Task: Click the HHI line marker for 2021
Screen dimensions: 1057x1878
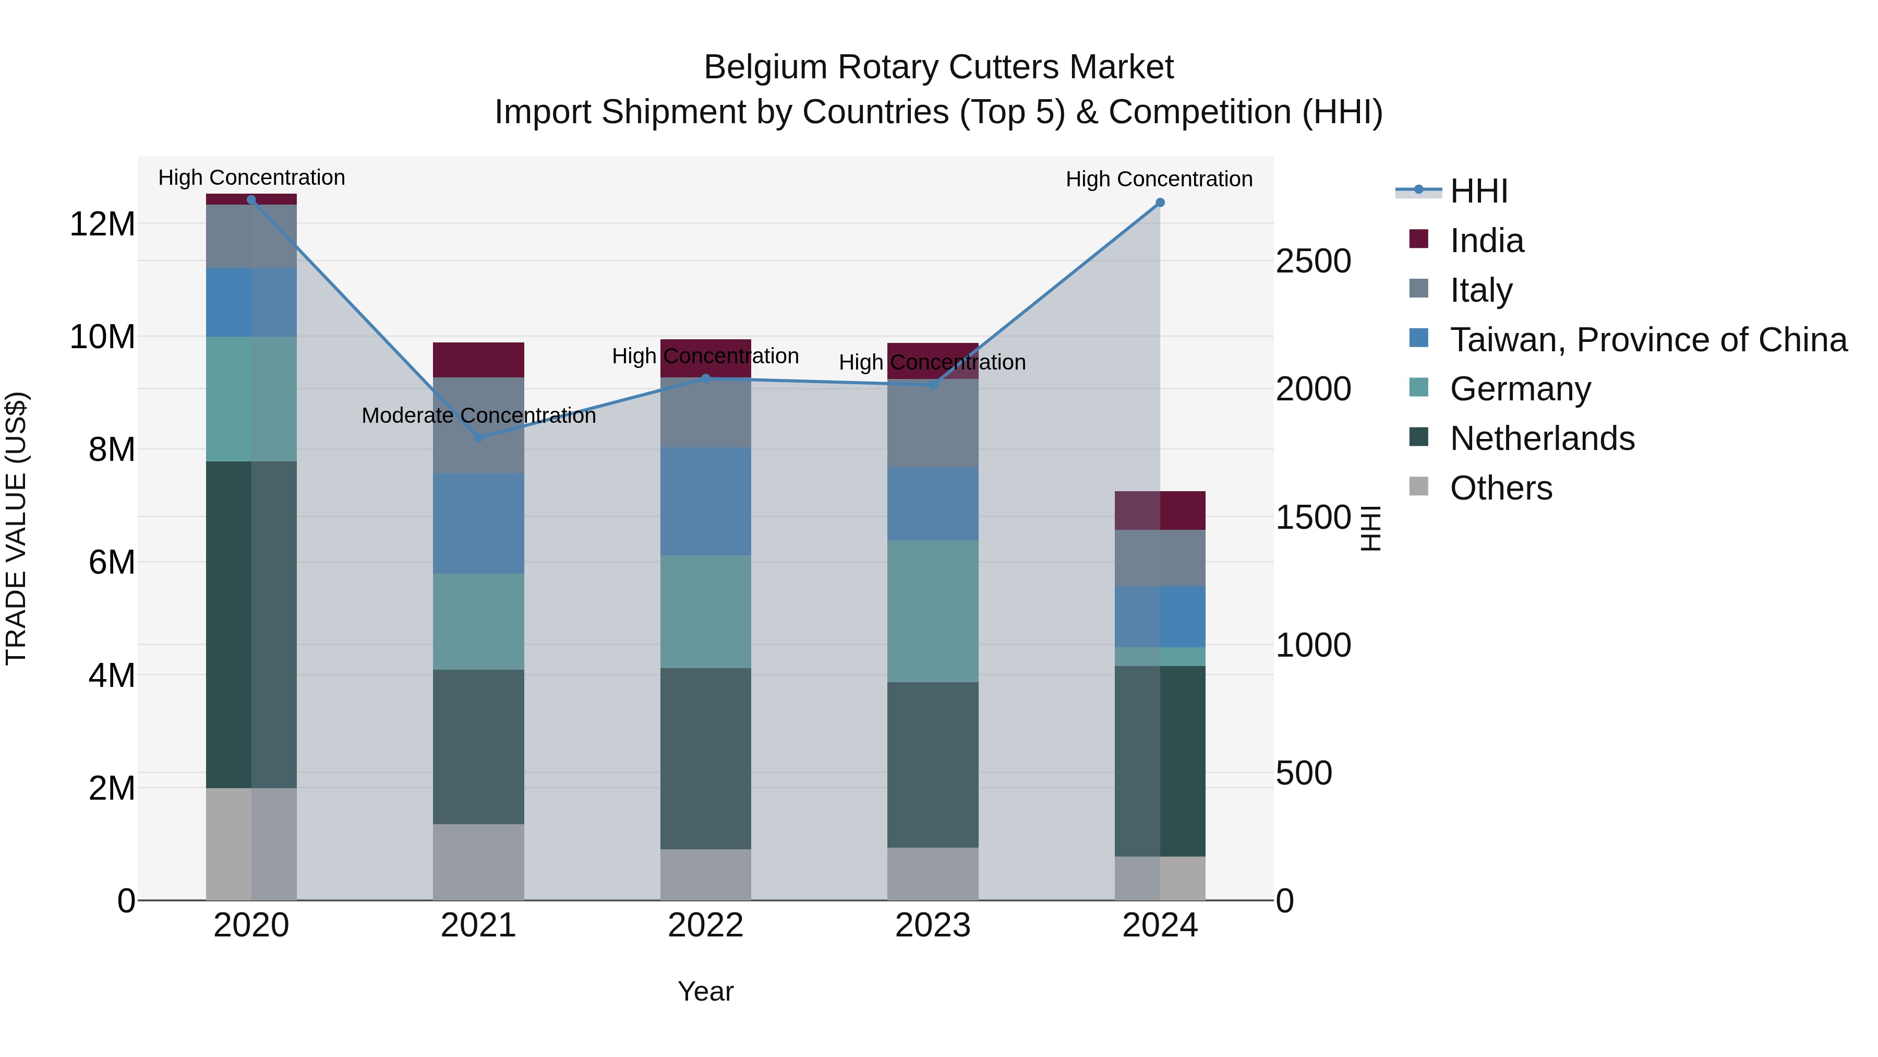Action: pyautogui.click(x=478, y=438)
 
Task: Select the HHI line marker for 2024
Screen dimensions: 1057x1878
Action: pyautogui.click(x=1160, y=203)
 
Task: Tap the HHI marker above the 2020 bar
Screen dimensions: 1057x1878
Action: pyautogui.click(x=251, y=200)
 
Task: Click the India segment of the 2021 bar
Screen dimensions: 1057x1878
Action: pyautogui.click(x=478, y=360)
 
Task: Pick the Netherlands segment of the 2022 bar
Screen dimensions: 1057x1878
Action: pyautogui.click(x=706, y=758)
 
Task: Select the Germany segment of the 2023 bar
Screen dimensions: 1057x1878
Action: pyautogui.click(x=932, y=611)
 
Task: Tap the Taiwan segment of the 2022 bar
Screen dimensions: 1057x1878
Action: pyautogui.click(x=706, y=502)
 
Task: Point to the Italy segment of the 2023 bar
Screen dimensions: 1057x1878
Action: pyautogui.click(x=932, y=423)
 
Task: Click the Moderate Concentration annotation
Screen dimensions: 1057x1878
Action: pyautogui.click(x=478, y=416)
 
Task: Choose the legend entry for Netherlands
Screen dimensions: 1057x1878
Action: pyautogui.click(x=1542, y=438)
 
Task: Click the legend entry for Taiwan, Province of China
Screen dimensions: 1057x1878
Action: pyautogui.click(x=1647, y=340)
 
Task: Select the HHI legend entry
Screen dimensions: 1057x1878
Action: pyautogui.click(x=1478, y=191)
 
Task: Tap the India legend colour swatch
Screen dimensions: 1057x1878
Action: pyautogui.click(x=1419, y=239)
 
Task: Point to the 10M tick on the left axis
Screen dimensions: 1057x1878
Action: pyautogui.click(x=102, y=337)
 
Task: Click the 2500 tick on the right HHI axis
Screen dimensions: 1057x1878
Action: pyautogui.click(x=1313, y=261)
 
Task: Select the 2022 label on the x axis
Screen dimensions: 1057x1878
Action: pyautogui.click(x=706, y=925)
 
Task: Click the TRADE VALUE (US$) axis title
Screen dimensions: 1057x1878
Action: pyautogui.click(x=16, y=529)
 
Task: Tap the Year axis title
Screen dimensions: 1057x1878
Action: pyautogui.click(x=706, y=991)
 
